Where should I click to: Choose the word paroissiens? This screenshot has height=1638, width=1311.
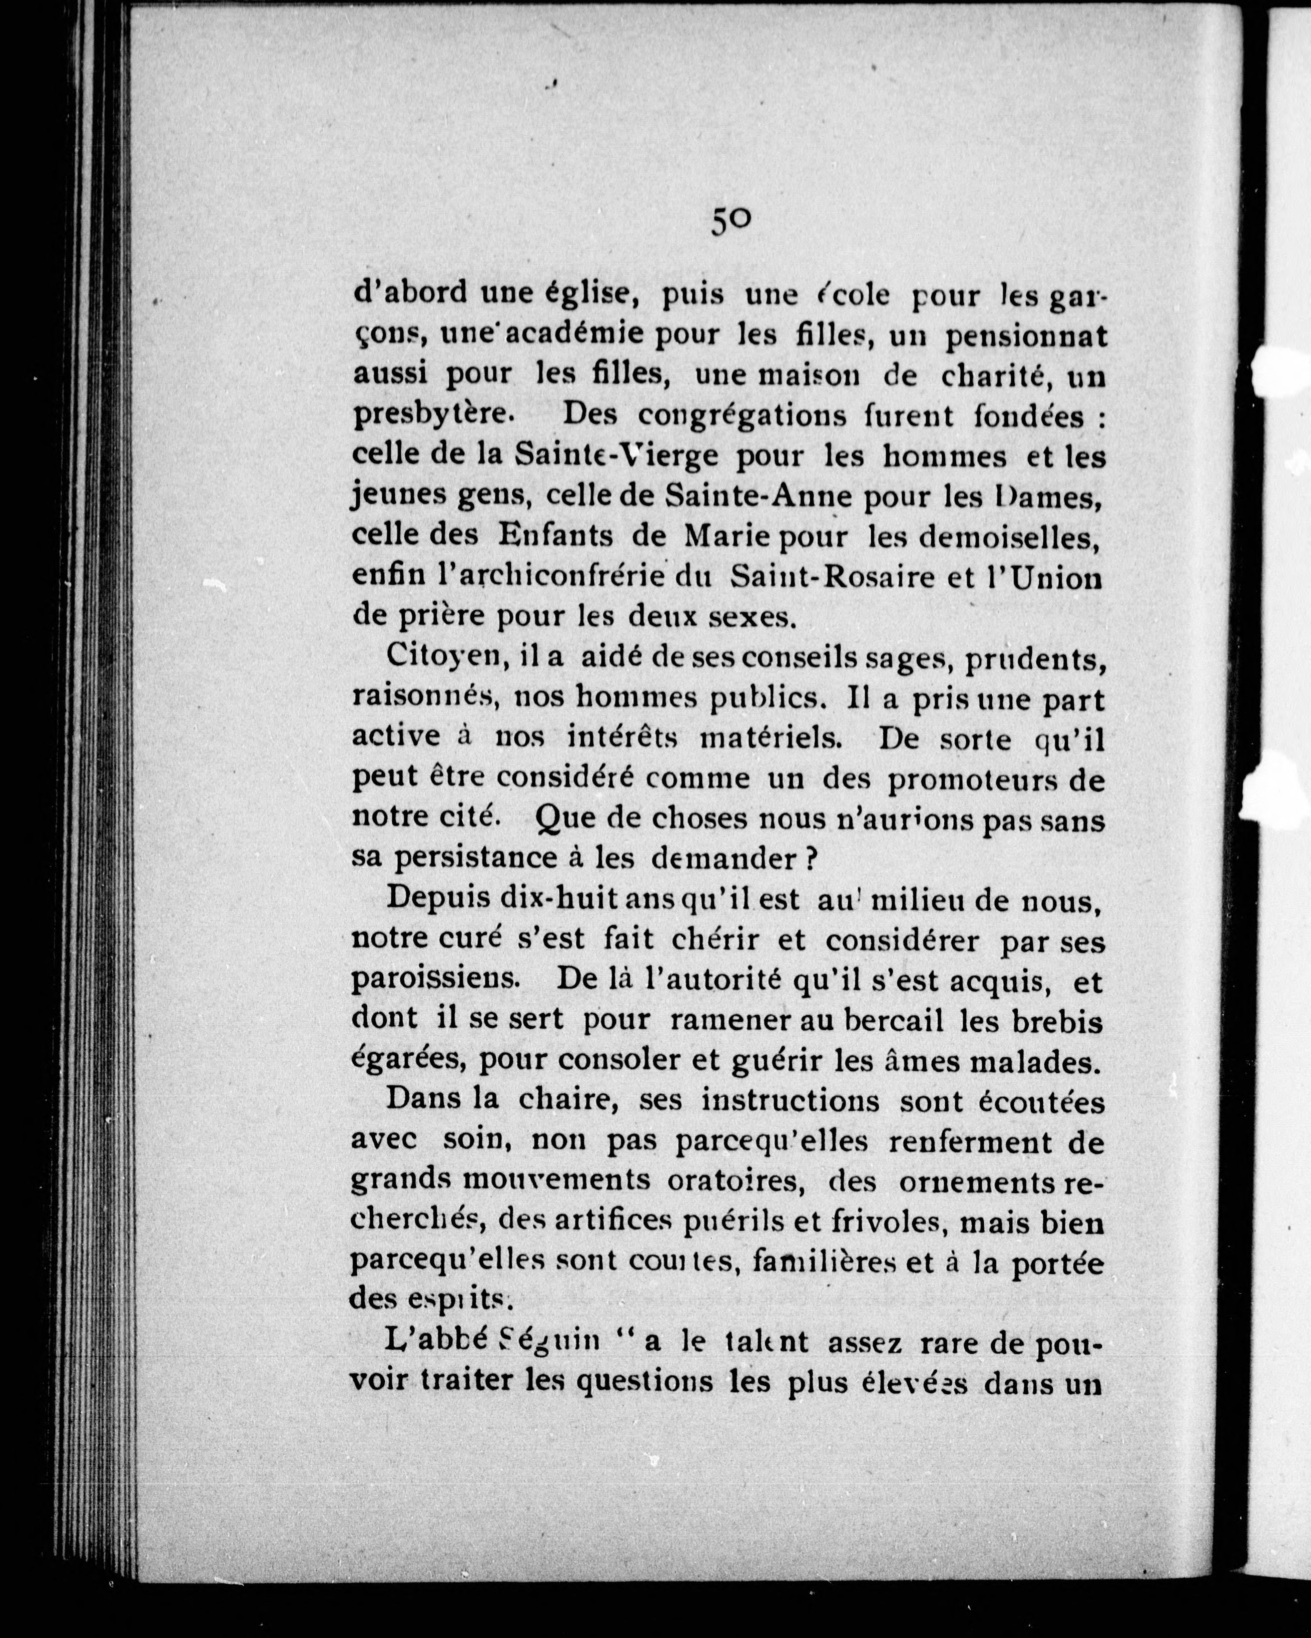click(x=435, y=980)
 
